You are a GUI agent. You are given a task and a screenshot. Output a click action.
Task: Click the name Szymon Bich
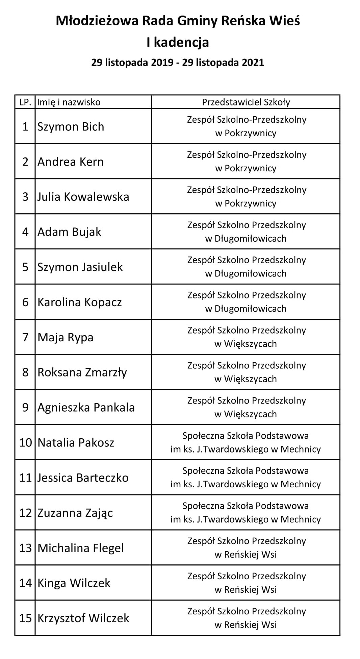tap(71, 127)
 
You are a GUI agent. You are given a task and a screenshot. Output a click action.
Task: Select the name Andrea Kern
tap(70, 162)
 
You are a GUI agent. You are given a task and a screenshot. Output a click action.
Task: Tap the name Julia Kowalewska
tap(83, 197)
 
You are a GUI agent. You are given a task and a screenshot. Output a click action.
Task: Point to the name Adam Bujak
tap(69, 232)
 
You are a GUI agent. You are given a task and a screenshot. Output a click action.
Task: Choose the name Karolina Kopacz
tap(79, 302)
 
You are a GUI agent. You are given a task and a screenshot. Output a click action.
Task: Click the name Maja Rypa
tap(65, 337)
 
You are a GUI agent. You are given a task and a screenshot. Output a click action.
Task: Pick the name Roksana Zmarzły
tap(82, 372)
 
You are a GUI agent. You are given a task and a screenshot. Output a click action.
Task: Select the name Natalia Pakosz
tap(76, 443)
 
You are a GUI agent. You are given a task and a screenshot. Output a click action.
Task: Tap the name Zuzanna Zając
tap(75, 513)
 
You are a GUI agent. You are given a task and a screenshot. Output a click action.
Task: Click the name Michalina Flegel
tap(81, 548)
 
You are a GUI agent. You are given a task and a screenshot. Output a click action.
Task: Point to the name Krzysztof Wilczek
tap(83, 618)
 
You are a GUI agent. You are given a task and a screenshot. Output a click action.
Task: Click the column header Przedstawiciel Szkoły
tap(246, 102)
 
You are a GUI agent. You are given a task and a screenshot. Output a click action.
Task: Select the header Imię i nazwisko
tap(69, 102)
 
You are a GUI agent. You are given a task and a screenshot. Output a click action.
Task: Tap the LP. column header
tap(25, 102)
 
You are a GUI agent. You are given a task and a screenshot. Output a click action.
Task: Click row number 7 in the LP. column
tap(25, 337)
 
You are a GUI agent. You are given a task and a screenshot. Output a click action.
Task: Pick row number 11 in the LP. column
tap(25, 478)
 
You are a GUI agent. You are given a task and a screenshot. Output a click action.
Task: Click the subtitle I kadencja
tap(178, 42)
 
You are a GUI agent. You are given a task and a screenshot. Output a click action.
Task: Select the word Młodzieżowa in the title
tap(97, 21)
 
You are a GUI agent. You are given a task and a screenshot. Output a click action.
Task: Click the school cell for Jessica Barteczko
tap(246, 478)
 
